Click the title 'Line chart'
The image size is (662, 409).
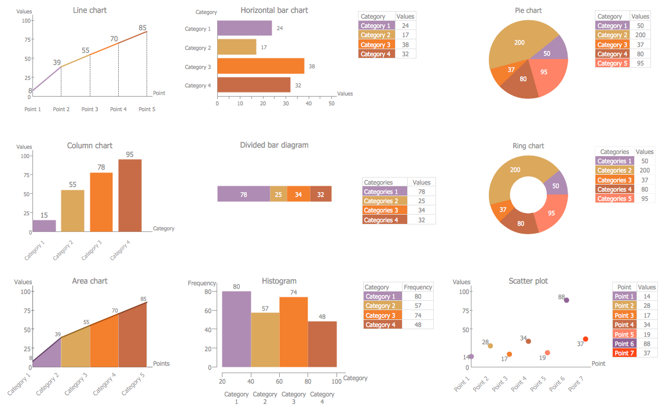tap(90, 10)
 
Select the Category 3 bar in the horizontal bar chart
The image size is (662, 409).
tap(261, 67)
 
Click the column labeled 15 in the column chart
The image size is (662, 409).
tap(44, 226)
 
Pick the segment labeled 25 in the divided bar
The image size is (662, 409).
tap(279, 194)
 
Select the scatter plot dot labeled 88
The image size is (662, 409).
tap(566, 300)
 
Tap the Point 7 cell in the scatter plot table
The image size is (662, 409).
tap(624, 353)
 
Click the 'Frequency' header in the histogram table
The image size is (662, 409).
tap(418, 287)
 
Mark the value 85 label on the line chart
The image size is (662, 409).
tap(142, 27)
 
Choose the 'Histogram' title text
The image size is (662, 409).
tap(279, 281)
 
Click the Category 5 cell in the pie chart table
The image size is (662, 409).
tap(612, 64)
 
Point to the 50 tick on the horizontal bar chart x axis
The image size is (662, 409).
tap(331, 104)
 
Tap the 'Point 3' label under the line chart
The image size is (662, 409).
tap(90, 109)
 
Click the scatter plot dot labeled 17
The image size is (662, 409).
tap(509, 354)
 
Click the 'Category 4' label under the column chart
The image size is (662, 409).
tap(119, 250)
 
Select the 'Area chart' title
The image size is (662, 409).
tap(90, 281)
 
